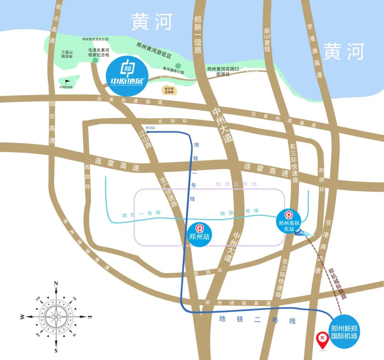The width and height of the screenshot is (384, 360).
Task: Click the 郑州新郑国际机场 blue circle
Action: coord(344,332)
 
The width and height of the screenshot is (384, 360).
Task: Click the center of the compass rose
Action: coord(56,316)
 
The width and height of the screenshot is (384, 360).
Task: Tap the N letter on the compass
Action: coord(56,284)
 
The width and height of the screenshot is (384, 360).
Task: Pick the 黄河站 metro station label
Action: coord(150,128)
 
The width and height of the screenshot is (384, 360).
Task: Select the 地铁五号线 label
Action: coord(231,184)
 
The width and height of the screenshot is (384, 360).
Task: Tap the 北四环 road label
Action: coord(174,121)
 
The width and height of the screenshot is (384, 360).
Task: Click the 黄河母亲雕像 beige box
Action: coord(169,91)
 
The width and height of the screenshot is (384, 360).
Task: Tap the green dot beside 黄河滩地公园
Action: coord(178,66)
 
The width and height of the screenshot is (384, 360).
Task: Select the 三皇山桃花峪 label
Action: coord(66,54)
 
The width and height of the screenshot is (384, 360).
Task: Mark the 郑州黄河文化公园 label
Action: coord(95,39)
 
